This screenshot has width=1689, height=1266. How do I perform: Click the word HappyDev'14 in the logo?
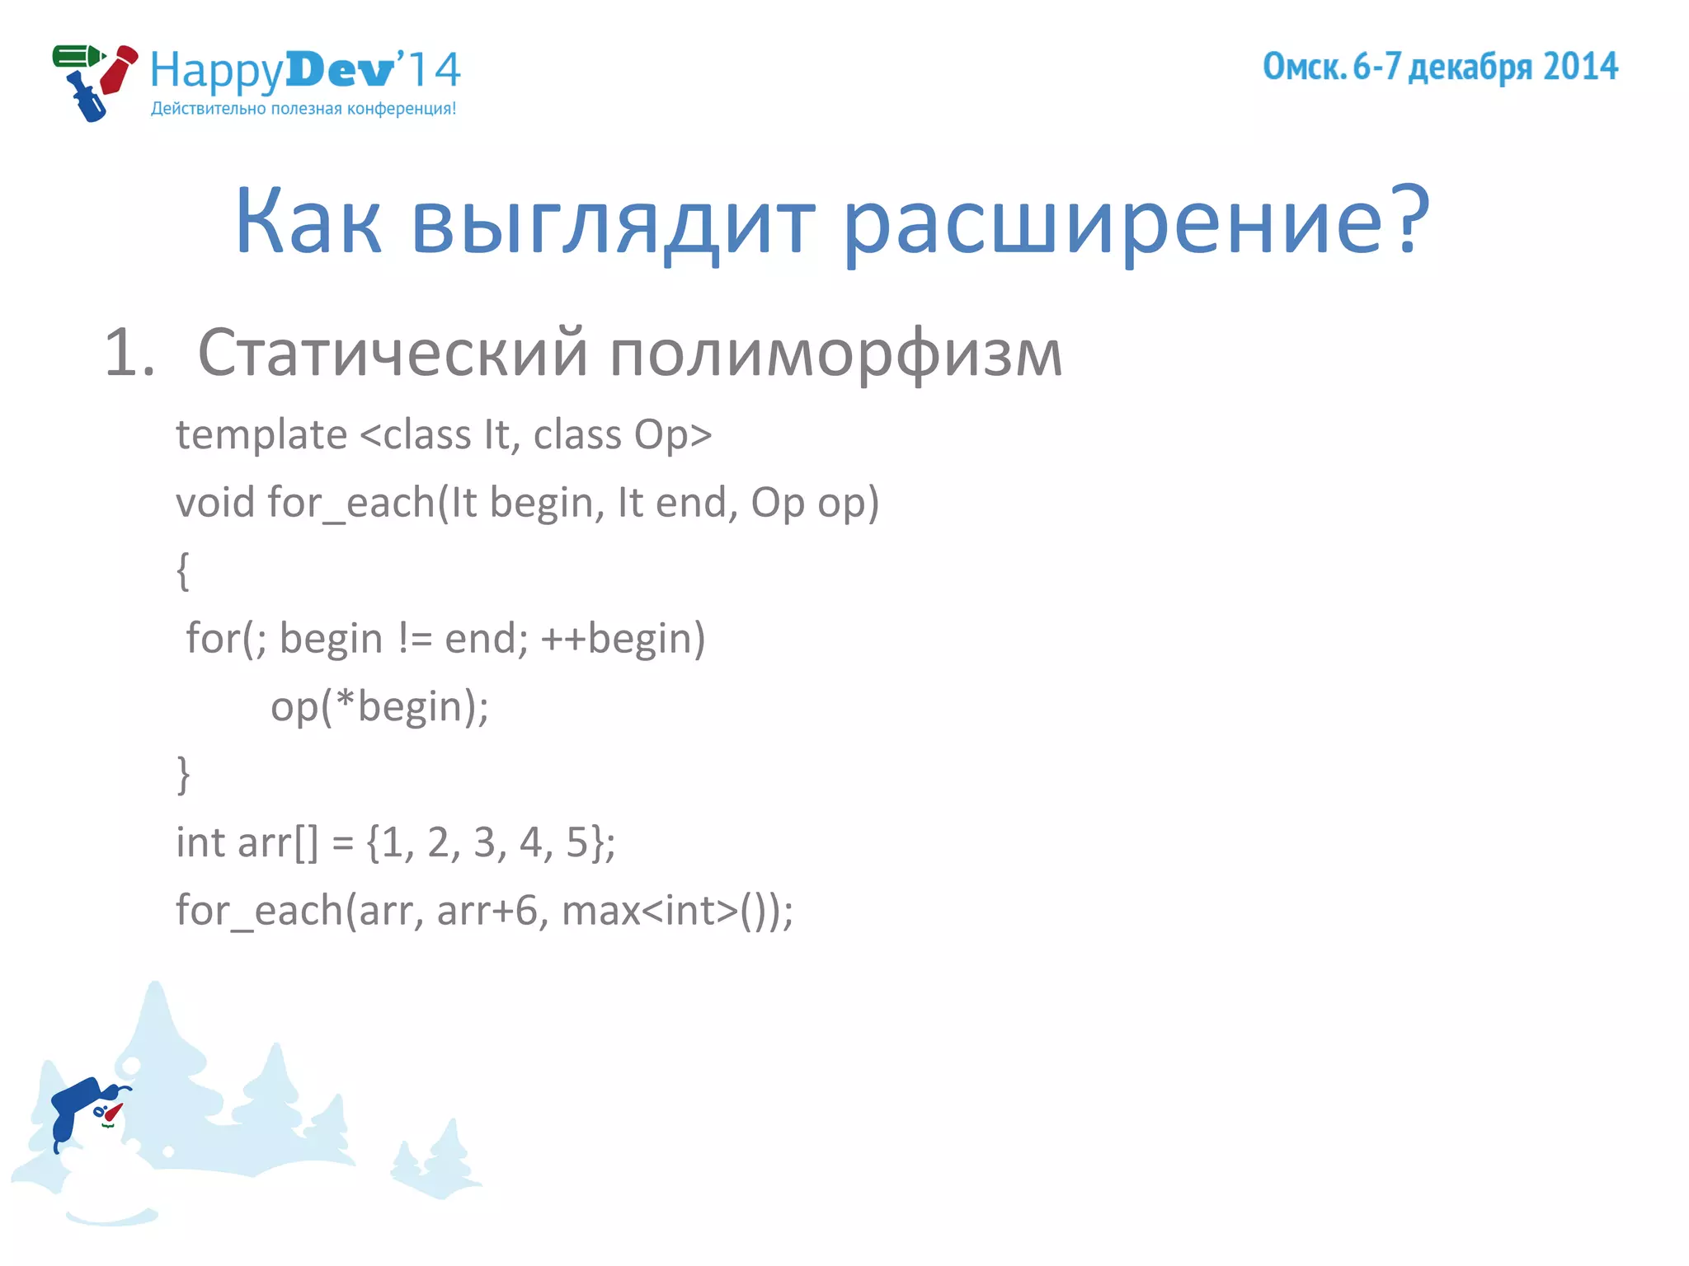click(305, 71)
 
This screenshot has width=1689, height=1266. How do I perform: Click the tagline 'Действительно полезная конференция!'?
click(303, 109)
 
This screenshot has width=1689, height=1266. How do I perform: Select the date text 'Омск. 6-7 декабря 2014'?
click(1440, 67)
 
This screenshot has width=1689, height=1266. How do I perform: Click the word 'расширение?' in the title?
click(1136, 221)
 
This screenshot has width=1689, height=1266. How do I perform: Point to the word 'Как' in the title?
click(308, 221)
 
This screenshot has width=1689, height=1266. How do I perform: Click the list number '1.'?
click(129, 353)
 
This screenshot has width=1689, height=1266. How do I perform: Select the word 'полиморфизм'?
click(836, 353)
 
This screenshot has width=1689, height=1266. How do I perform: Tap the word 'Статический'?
click(393, 353)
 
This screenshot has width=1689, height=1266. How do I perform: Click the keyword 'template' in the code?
click(261, 434)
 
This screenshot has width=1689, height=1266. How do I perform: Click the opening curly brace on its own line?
click(183, 570)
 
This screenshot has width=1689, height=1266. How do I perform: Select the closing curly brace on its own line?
click(183, 774)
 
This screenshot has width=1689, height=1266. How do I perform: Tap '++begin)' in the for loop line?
click(623, 638)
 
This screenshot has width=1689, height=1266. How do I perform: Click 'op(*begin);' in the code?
click(379, 706)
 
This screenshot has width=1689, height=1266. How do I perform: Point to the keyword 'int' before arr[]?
click(200, 842)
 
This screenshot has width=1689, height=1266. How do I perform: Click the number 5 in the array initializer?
click(576, 842)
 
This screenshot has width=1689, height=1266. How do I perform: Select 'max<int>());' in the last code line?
click(677, 911)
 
